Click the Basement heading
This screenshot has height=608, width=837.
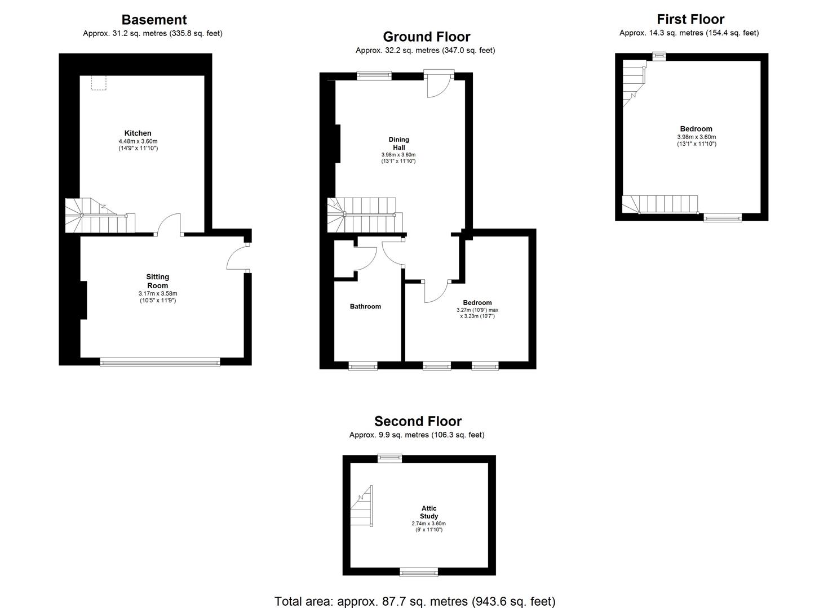153,20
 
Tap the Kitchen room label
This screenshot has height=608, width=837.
138,133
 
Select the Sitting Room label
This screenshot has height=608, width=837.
157,281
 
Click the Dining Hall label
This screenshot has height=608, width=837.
398,144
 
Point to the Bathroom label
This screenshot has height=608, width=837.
365,307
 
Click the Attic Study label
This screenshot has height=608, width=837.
428,512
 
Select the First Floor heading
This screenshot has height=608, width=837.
690,19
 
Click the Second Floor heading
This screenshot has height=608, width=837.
418,421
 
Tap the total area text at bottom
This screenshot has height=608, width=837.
415,601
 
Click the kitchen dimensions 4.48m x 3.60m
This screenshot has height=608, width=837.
138,141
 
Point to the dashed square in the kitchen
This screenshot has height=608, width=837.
99,83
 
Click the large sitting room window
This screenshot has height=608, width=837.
160,362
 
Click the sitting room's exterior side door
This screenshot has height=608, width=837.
238,258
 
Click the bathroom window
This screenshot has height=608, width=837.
363,366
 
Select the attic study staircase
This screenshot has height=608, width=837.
362,507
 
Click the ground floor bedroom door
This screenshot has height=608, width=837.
435,291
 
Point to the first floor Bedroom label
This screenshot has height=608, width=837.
696,129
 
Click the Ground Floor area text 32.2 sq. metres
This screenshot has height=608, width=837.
425,51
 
